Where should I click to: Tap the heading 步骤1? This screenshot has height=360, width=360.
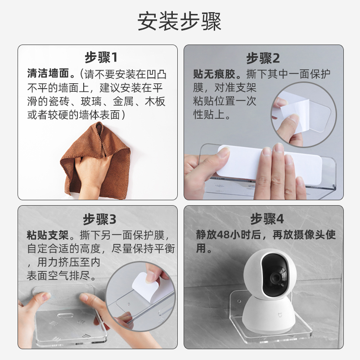(x=101, y=58)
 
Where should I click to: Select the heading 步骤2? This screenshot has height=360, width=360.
(x=263, y=58)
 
